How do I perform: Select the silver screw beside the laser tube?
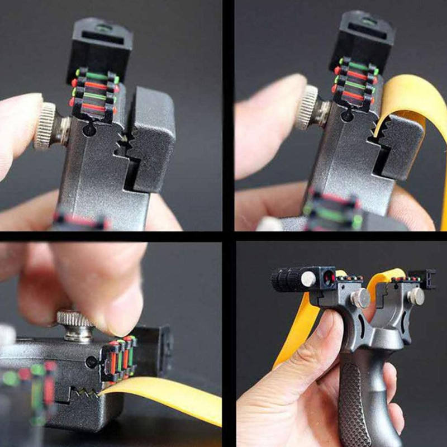pos(307,279)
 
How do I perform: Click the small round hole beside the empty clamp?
pos(88,130)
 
